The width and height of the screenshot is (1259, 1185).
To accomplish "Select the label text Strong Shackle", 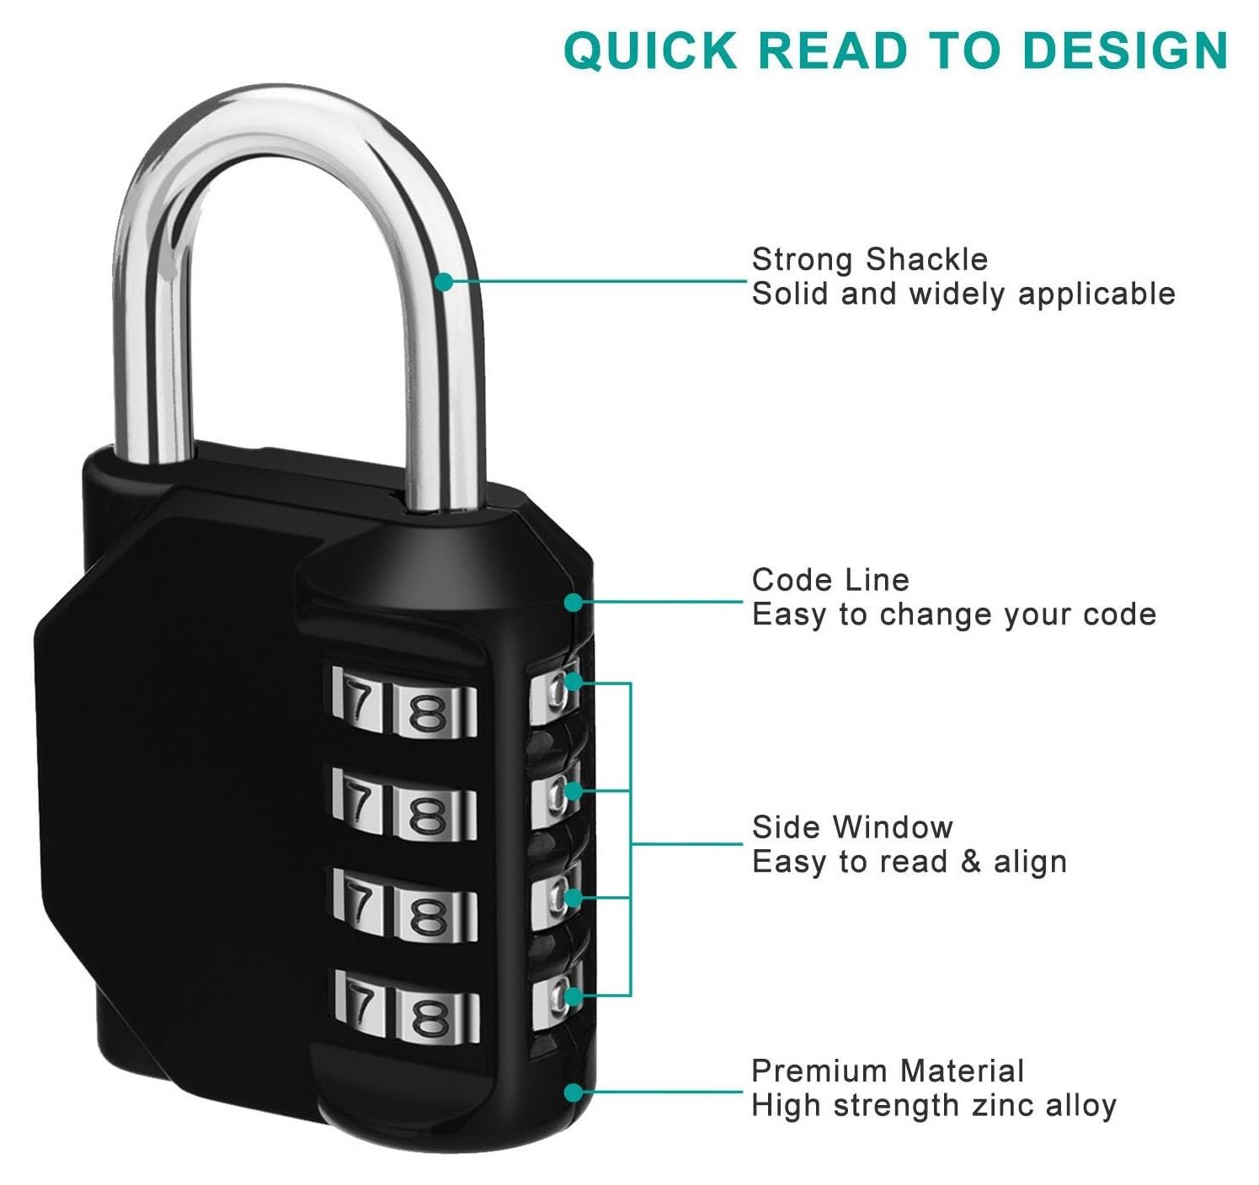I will [869, 259].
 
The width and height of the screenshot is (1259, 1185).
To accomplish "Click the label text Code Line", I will [830, 580].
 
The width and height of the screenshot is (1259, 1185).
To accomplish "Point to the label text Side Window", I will [851, 827].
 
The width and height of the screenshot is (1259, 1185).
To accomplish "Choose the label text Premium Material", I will [887, 1071].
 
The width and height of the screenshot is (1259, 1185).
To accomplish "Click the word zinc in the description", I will [1002, 1105].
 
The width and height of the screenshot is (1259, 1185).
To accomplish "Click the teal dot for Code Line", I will [573, 602].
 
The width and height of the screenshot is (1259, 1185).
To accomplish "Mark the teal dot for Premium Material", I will [573, 1092].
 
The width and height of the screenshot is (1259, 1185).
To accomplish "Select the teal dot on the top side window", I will [573, 682].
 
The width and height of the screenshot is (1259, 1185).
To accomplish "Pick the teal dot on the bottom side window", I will [573, 996].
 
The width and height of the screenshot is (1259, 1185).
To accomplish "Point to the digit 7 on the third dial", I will [360, 905].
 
